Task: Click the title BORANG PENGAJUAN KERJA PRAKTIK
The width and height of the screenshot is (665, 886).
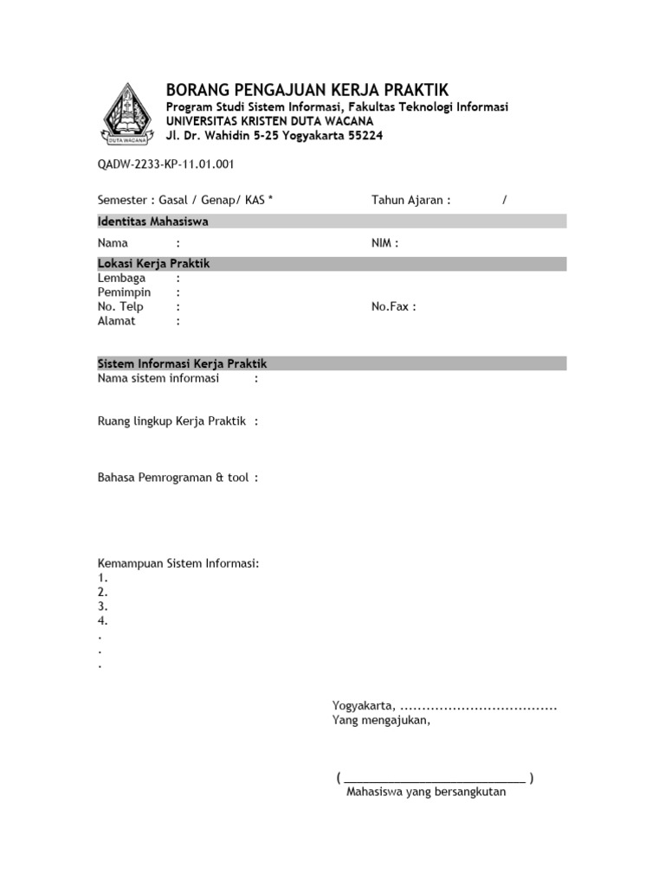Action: (307, 90)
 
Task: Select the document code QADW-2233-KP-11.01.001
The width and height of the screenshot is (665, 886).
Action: (166, 164)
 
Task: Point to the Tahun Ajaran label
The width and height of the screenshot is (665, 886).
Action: (411, 200)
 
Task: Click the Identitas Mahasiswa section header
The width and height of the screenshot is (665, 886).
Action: (153, 221)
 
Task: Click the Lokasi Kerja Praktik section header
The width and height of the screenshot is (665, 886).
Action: (154, 264)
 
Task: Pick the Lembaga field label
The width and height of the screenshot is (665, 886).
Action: (122, 279)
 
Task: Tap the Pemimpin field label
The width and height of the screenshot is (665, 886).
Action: (125, 292)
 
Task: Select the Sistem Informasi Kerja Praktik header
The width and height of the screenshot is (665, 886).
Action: (188, 363)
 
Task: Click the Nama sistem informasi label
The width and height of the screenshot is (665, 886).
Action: (158, 378)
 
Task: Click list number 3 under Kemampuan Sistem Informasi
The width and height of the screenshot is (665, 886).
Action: (103, 607)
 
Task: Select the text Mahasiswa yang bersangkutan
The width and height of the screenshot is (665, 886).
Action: (425, 792)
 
